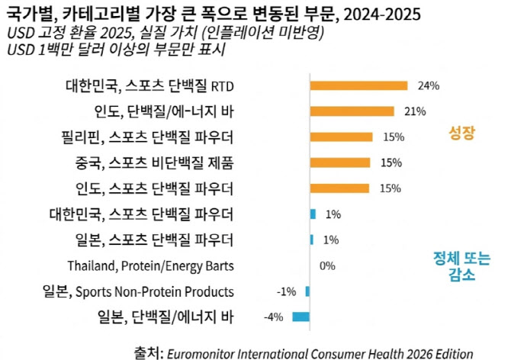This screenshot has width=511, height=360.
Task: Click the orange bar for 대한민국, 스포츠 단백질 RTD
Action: (358, 85)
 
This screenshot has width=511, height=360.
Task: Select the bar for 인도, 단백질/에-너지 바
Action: (352, 111)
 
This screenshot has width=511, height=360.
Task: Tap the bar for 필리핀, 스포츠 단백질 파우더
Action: (341, 137)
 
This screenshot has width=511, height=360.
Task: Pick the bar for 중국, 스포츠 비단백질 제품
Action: (340, 162)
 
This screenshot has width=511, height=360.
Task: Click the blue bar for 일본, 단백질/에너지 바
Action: (300, 317)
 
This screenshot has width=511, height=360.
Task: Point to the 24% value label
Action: (429, 85)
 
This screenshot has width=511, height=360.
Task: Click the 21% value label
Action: (415, 111)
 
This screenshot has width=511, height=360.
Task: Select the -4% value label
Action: (275, 317)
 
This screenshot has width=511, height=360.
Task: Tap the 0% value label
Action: (327, 265)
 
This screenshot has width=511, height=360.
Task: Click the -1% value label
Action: (286, 291)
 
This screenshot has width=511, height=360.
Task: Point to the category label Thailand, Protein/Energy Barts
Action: (150, 266)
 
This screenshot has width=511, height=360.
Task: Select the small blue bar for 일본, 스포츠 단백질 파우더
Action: (311, 239)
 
